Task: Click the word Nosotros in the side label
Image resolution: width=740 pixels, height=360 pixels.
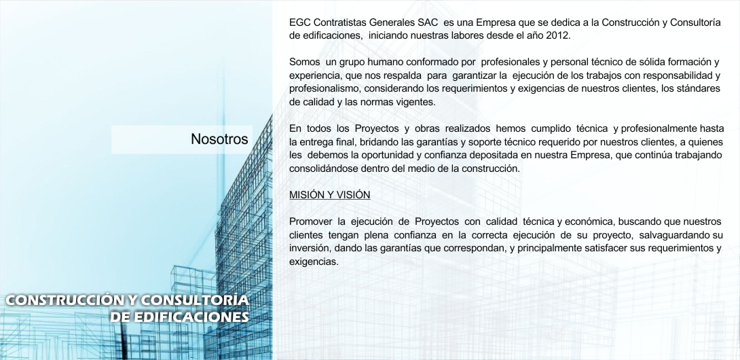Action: point(219,139)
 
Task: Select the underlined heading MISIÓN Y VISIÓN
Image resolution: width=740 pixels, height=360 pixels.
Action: point(329,195)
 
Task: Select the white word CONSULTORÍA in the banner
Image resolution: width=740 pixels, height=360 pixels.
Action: point(195,300)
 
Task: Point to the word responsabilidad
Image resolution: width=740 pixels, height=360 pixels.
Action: point(678,75)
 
